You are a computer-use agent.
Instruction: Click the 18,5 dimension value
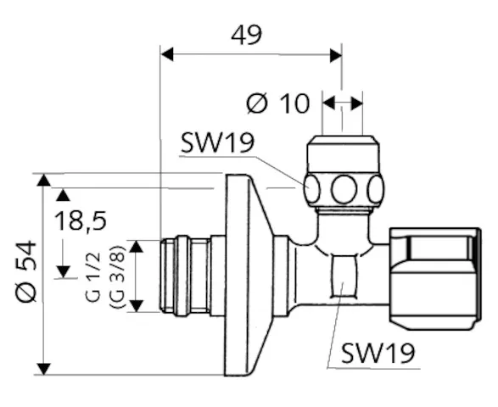pyautogui.click(x=81, y=221)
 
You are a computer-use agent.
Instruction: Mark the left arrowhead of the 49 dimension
pyautogui.click(x=167, y=54)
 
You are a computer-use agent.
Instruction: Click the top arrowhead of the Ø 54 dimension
pyautogui.click(x=43, y=180)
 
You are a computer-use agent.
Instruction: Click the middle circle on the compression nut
pyautogui.click(x=344, y=188)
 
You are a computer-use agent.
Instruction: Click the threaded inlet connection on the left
pyautogui.click(x=182, y=276)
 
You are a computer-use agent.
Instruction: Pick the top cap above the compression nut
pyautogui.click(x=342, y=153)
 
